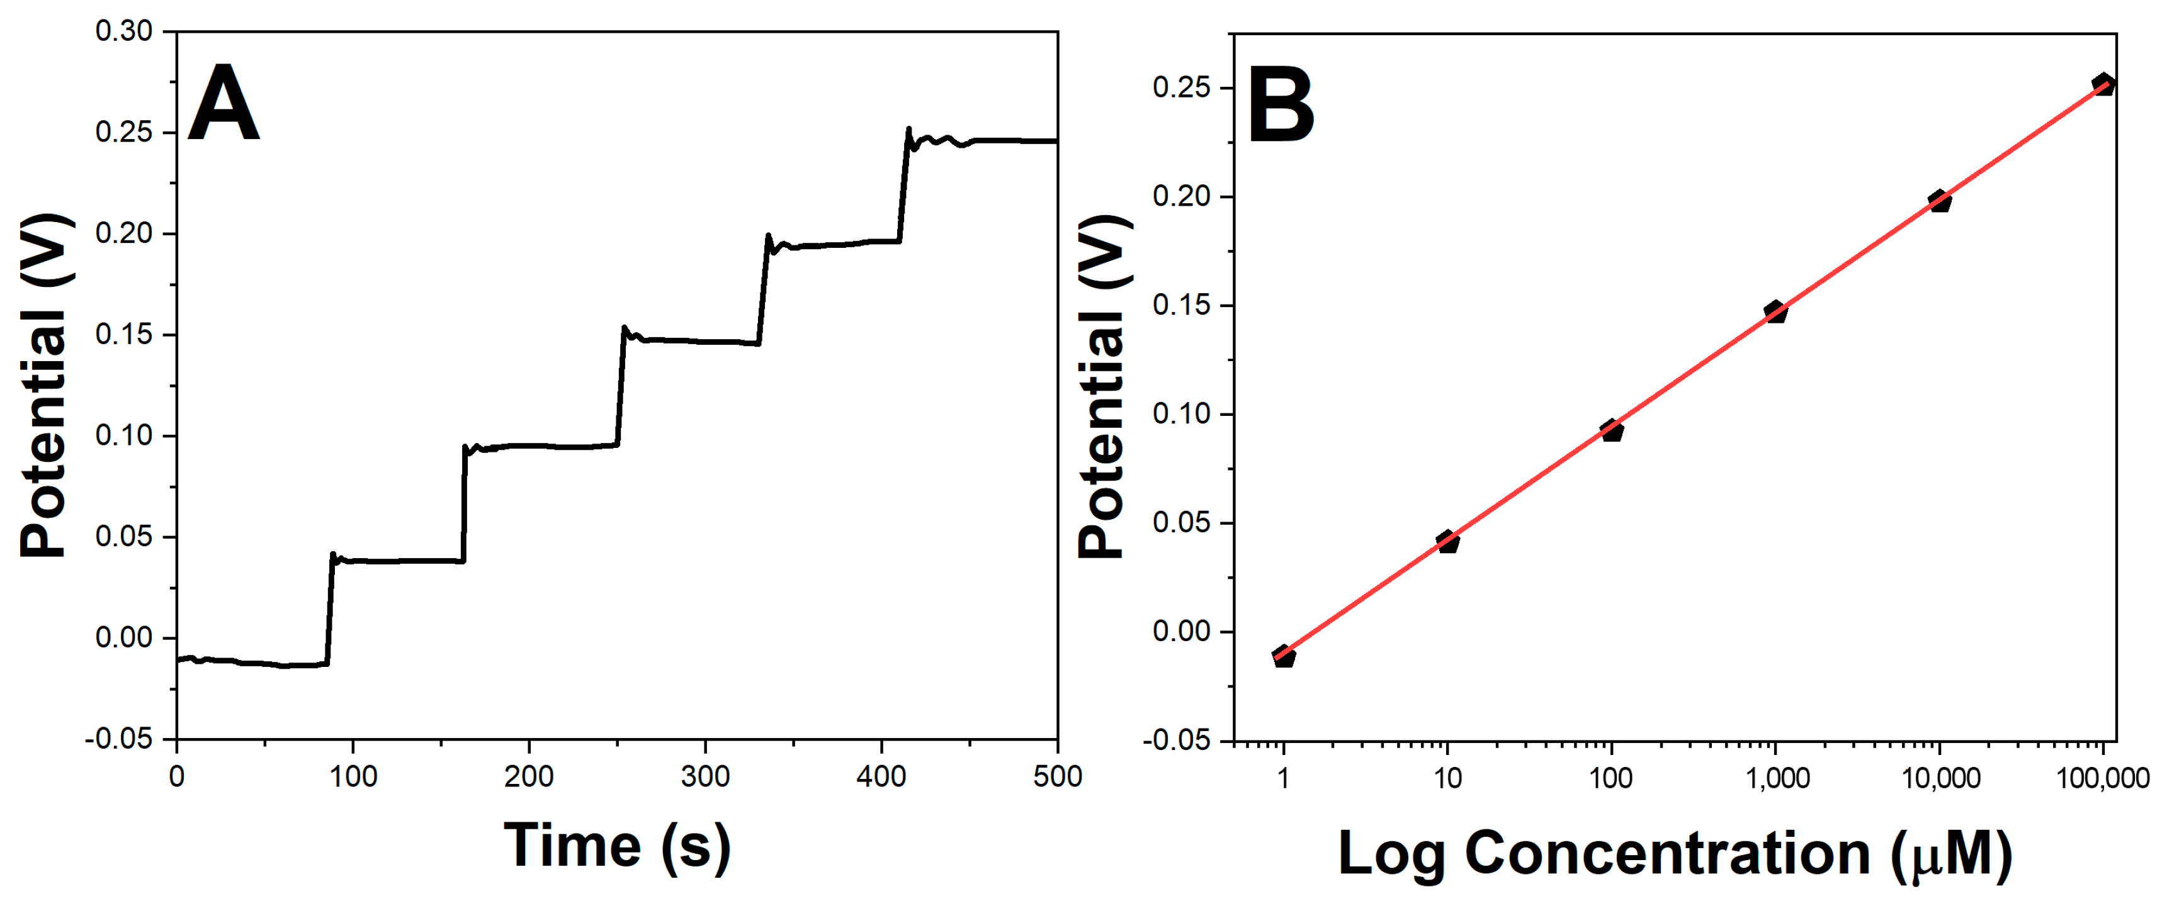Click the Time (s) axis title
617,847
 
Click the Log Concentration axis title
1674,854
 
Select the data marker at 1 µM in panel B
1283,656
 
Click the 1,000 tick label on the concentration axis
1777,778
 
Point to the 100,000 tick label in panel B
2102,778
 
